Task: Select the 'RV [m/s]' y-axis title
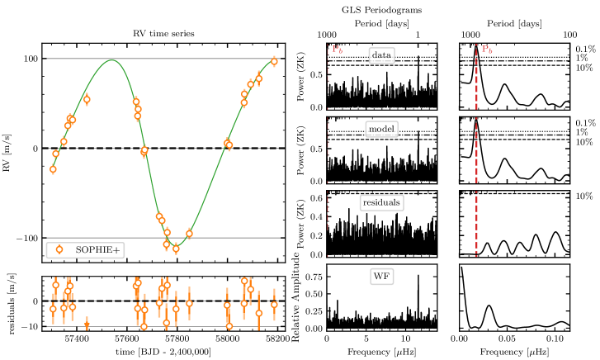click(9, 149)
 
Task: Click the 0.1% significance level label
click(585, 50)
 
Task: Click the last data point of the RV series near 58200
click(274, 61)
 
